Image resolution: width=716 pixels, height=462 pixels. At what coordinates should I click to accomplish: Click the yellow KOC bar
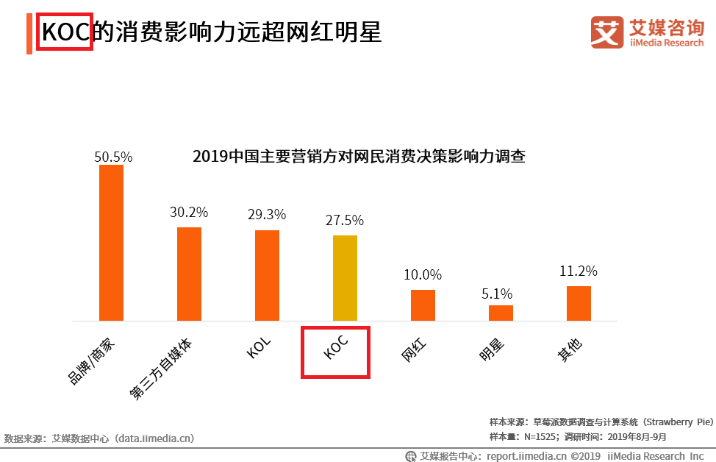tap(345, 278)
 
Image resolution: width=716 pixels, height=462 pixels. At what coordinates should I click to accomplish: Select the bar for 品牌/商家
tap(111, 243)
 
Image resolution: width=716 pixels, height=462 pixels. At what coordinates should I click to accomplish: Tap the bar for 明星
tap(501, 313)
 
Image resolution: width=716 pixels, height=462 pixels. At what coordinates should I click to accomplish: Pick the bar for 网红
tap(423, 305)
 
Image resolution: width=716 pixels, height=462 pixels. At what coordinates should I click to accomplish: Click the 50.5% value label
tap(112, 157)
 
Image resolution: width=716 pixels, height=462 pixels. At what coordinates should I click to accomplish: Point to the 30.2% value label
tap(189, 213)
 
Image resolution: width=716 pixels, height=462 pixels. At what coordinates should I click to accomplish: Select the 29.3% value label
tap(267, 214)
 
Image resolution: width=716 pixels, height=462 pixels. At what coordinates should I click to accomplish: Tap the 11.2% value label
tap(578, 271)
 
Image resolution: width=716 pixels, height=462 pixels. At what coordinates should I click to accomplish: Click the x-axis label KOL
tap(259, 346)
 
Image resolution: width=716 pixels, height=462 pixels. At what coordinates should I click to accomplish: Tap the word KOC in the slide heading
tap(65, 32)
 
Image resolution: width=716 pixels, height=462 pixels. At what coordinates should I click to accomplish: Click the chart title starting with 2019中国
tap(358, 157)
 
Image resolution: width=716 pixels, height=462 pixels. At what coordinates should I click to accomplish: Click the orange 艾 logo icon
tap(607, 32)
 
